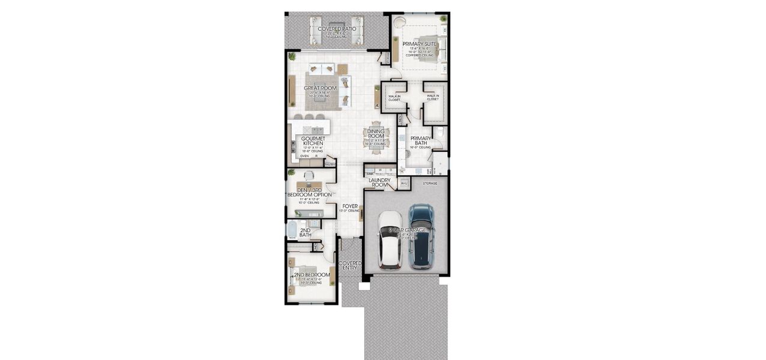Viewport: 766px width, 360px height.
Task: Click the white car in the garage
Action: [391, 240]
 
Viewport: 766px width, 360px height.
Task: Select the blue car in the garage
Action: [421, 236]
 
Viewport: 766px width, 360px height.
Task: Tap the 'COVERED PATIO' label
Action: [337, 29]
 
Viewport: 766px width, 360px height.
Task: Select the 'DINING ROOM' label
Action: [376, 134]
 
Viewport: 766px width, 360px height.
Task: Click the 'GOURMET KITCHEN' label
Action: [313, 141]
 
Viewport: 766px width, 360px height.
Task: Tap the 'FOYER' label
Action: [350, 206]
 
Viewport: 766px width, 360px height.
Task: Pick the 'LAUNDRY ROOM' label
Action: [379, 182]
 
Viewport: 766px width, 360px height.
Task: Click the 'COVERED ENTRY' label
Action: [350, 265]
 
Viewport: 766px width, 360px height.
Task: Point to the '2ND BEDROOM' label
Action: [312, 275]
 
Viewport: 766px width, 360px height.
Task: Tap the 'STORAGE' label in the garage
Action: [430, 183]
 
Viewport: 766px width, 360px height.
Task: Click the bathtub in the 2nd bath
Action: [292, 230]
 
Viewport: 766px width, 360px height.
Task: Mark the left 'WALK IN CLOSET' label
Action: [394, 98]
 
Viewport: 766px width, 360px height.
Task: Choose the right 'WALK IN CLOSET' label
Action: [432, 97]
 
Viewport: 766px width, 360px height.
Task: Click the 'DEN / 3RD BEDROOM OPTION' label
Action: [309, 192]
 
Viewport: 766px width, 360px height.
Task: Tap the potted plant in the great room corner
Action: [292, 57]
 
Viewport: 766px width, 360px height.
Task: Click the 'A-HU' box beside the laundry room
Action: [404, 183]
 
